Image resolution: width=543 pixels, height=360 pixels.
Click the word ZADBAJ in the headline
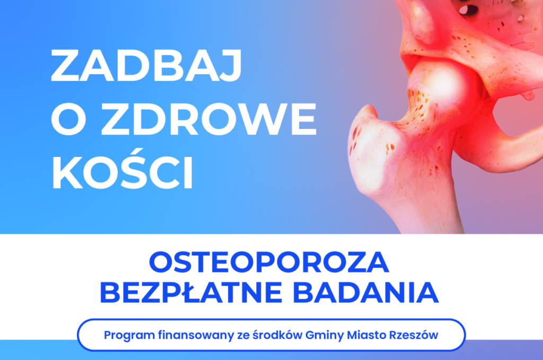146,67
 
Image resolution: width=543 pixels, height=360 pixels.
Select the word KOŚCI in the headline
122,173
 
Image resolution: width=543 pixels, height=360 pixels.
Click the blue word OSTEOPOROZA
269,264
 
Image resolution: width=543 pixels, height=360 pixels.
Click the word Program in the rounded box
123,336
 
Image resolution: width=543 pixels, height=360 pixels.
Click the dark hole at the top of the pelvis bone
465,9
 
